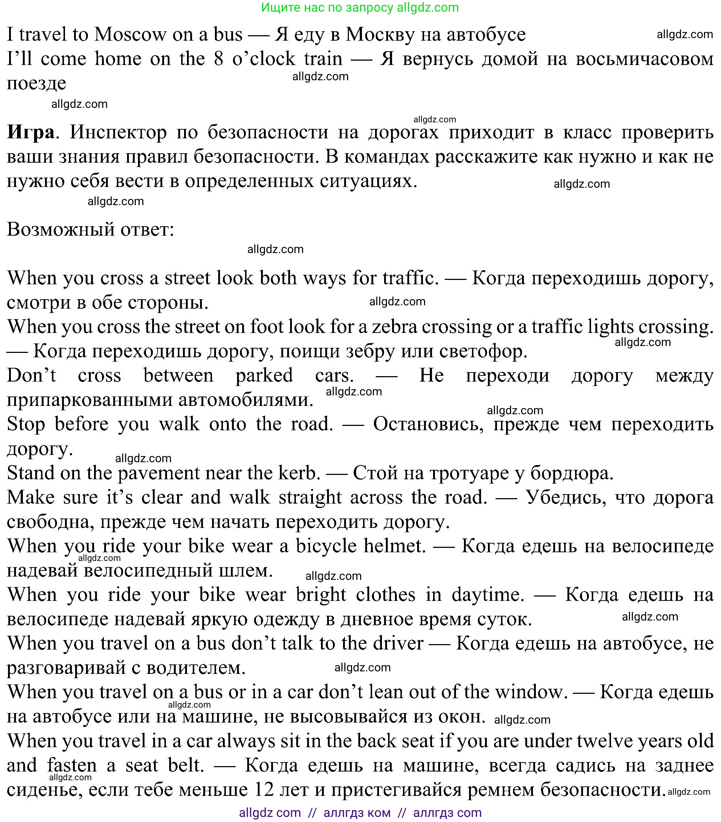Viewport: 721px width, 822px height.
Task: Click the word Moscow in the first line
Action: pyautogui.click(x=130, y=34)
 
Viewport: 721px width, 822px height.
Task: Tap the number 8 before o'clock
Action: pyautogui.click(x=218, y=59)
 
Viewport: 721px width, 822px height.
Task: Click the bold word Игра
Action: pyautogui.click(x=30, y=132)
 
